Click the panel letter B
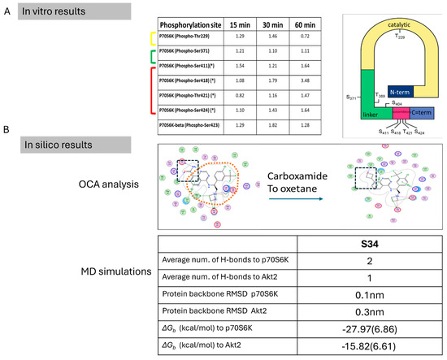6,129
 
